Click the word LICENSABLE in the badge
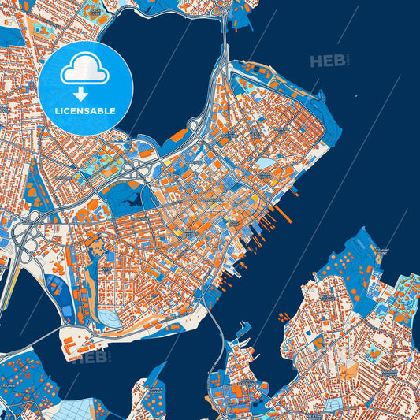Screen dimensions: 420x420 86,111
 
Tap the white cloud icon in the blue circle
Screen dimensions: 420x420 86,72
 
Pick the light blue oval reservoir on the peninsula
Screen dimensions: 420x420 105,317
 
